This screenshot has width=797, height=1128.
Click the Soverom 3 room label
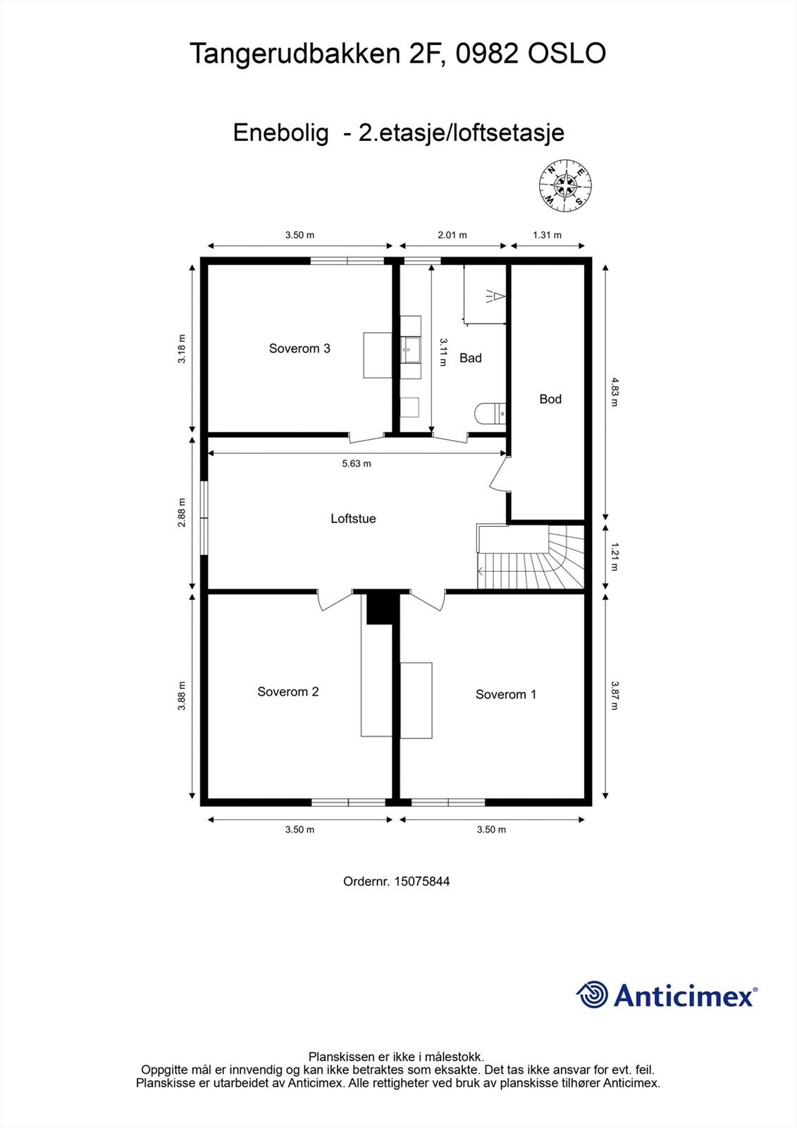pos(299,348)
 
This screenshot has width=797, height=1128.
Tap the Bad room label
pos(470,358)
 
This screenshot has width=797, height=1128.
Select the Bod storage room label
pos(550,399)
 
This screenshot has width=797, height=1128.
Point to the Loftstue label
pos(353,519)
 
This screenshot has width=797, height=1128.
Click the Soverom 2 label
pos(288,692)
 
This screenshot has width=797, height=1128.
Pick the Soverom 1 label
pos(505,694)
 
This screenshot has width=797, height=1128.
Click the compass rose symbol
pos(564,186)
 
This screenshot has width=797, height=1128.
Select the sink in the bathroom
pos(410,348)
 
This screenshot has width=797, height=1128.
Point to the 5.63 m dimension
pos(356,463)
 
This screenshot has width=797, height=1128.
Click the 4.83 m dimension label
pos(614,393)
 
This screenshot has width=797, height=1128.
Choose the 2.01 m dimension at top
pos(452,235)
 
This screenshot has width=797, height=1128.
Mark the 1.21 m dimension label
pos(614,556)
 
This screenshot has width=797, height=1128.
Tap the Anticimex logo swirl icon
pos(592,995)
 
